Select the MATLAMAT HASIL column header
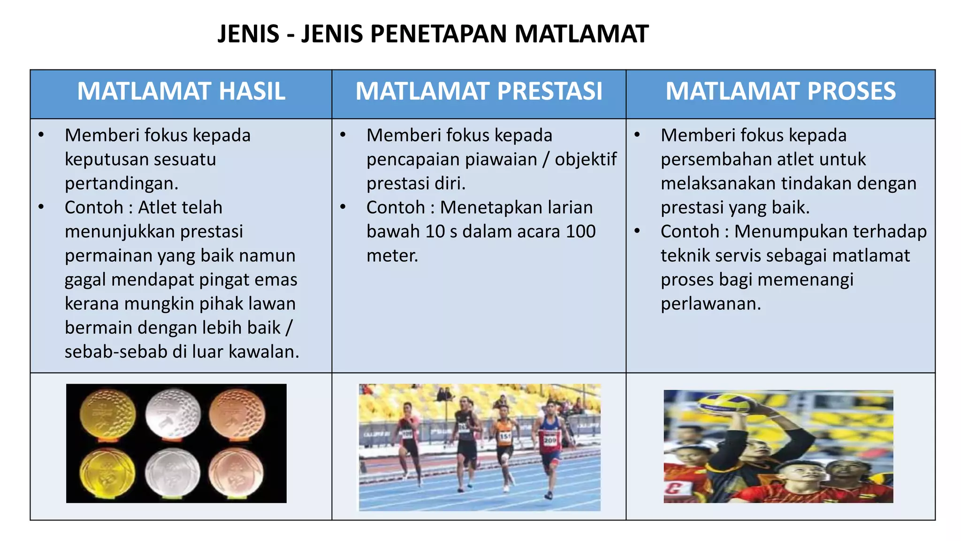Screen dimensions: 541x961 pos(181,91)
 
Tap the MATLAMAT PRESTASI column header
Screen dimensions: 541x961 pos(479,91)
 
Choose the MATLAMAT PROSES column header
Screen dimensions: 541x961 pos(780,91)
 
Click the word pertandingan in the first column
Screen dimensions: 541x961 pos(121,183)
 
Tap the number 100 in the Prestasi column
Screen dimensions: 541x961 pos(580,232)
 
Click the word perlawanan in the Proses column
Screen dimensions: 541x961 pos(710,304)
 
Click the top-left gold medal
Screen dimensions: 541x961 pos(108,414)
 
